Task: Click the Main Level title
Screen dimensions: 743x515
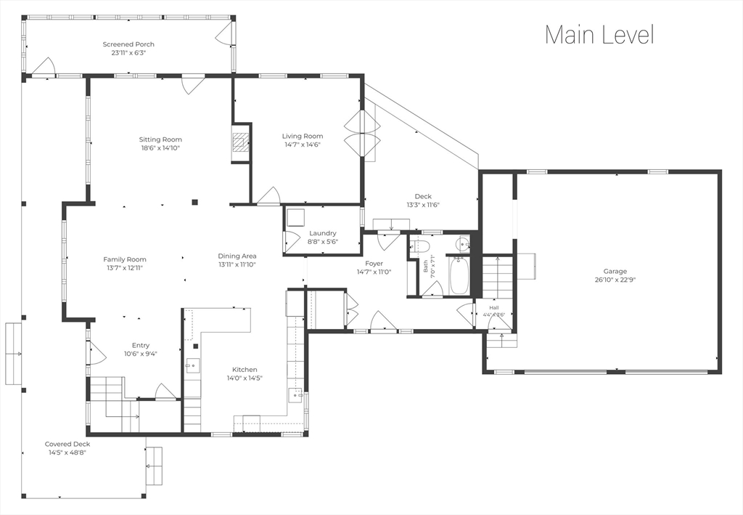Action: tap(599, 35)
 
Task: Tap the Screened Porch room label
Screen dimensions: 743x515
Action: tap(128, 44)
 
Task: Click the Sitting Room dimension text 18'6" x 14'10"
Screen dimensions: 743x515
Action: tap(160, 148)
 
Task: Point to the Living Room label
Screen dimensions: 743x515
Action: tap(303, 136)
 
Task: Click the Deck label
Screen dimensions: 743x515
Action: tap(423, 196)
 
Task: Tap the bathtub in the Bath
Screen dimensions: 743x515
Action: tap(459, 276)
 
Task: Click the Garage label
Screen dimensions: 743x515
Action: tap(615, 271)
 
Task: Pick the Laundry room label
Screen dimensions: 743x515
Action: tap(323, 233)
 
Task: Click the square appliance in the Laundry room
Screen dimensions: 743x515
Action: tap(297, 218)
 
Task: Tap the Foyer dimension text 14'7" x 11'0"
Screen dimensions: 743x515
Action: tap(374, 272)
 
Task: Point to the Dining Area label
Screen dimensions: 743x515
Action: tap(237, 256)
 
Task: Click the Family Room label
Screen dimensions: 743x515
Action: tap(125, 259)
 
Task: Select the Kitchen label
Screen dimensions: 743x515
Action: tap(245, 370)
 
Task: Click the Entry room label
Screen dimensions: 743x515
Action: tap(140, 345)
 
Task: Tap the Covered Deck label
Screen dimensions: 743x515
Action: tap(67, 445)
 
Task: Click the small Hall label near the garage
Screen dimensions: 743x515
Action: tap(493, 308)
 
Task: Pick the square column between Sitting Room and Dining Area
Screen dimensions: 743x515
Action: tap(194, 202)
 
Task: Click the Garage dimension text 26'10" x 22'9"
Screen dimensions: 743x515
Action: tap(615, 280)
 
